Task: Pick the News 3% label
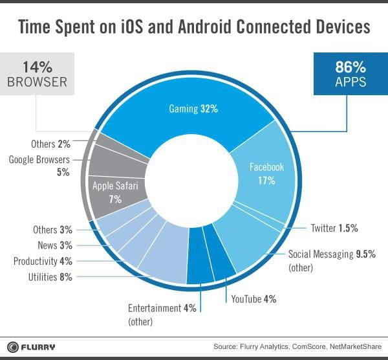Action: point(53,245)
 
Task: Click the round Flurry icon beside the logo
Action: point(11,346)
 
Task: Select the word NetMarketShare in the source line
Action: point(356,346)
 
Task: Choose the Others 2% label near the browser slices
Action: point(49,143)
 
